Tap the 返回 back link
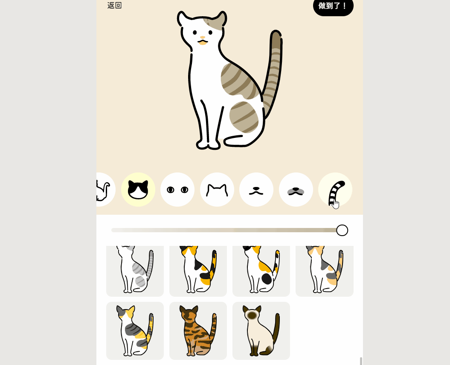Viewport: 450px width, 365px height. (114, 6)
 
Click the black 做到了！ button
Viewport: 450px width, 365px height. (333, 6)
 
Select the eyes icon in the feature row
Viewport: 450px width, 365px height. (177, 190)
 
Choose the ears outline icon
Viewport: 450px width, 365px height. (217, 190)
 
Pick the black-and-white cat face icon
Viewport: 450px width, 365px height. (138, 190)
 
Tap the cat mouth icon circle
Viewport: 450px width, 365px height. (256, 190)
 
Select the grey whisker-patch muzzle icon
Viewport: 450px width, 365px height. (296, 190)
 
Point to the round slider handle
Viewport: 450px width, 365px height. (342, 230)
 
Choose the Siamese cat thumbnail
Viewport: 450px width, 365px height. (261, 331)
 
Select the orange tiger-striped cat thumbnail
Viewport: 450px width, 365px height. (198, 331)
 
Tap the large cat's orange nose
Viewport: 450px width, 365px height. (203, 38)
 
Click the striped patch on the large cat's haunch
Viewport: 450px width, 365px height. (244, 117)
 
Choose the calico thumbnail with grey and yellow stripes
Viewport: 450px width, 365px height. (135, 331)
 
